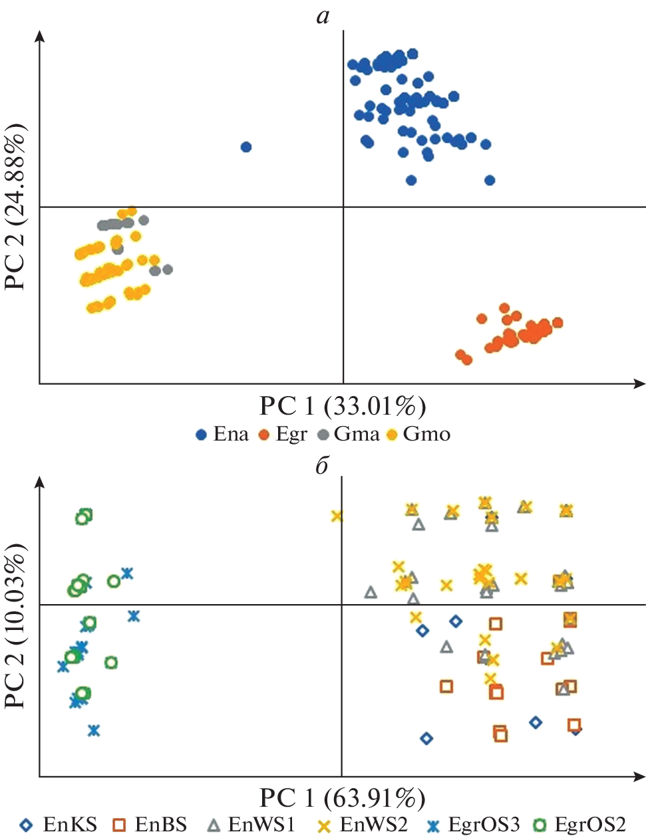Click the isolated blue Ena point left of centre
click(x=245, y=147)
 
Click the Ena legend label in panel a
click(x=230, y=435)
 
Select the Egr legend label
click(x=291, y=435)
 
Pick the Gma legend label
click(x=357, y=435)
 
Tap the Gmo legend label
click(x=426, y=435)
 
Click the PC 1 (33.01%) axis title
click(x=342, y=405)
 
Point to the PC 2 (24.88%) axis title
click(x=16, y=207)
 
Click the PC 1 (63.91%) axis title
click(x=342, y=797)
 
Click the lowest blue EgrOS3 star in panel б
click(x=94, y=730)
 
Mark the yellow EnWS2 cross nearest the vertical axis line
click(x=337, y=516)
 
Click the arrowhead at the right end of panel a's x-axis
click(x=640, y=383)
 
